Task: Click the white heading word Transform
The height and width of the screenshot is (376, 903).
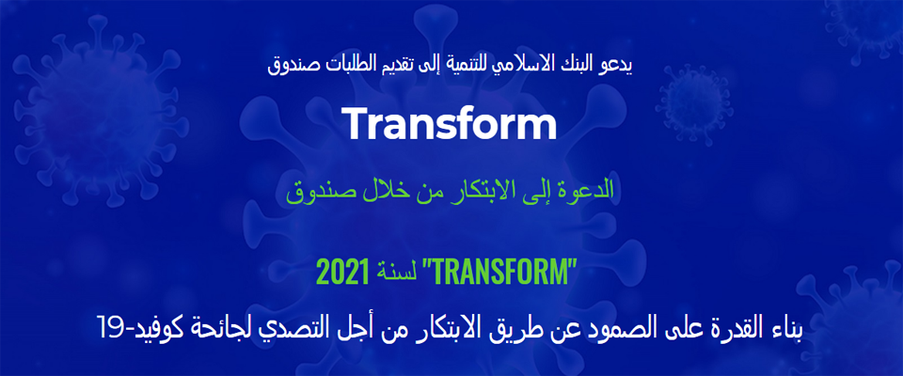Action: [450, 124]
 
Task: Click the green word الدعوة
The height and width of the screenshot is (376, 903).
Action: [589, 191]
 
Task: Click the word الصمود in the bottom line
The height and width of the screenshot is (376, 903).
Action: [622, 331]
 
